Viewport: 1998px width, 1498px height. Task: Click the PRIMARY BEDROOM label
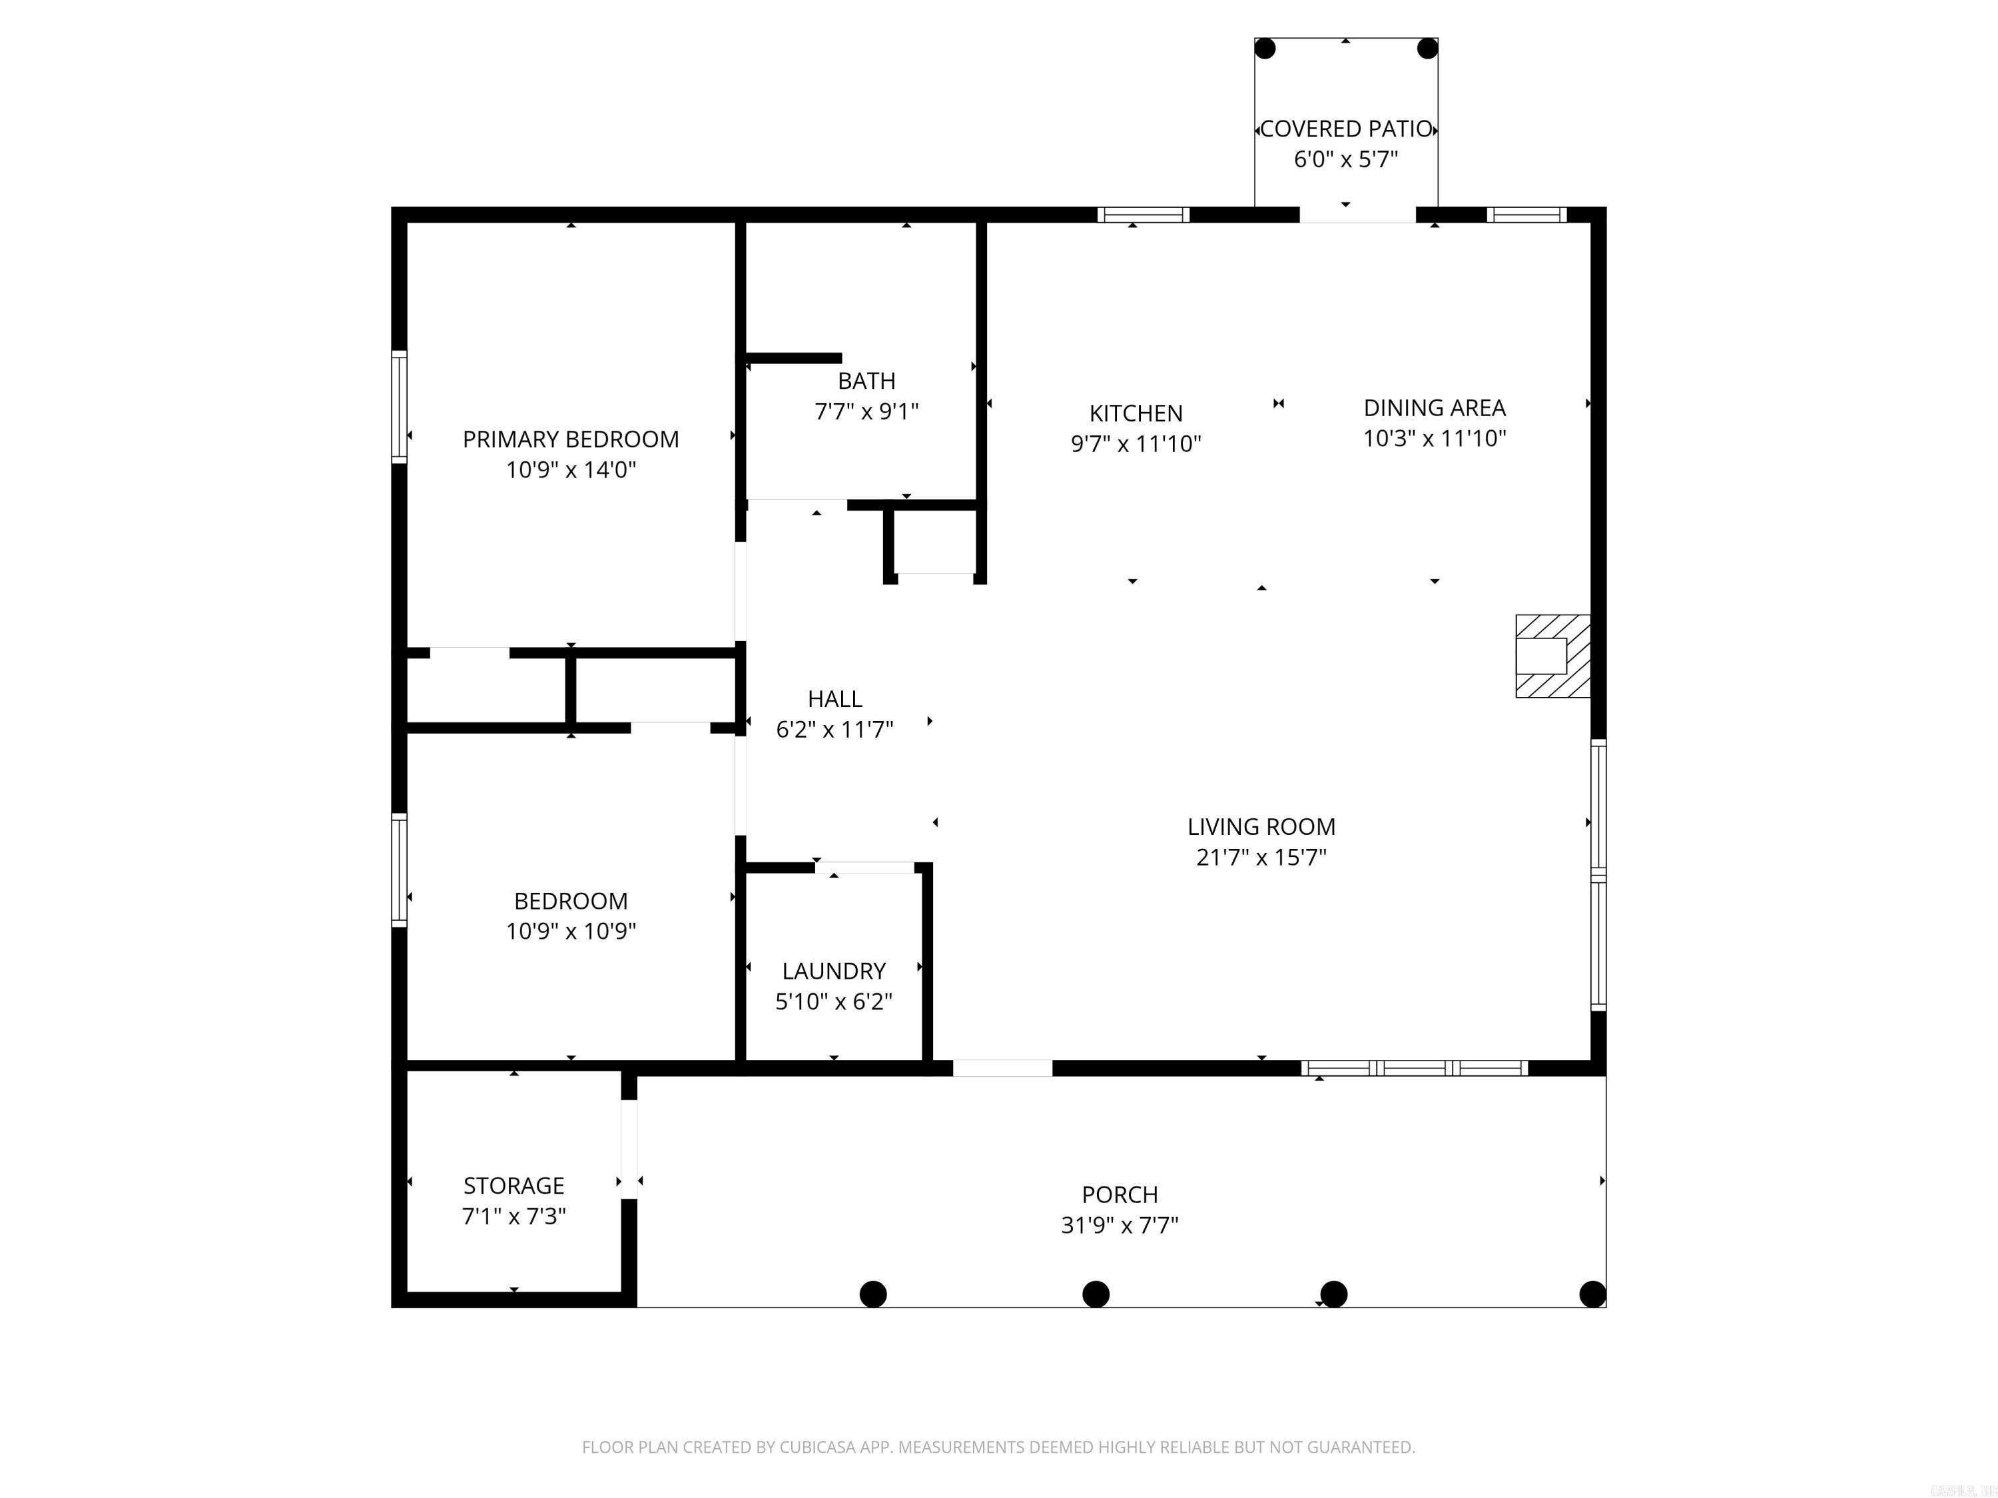click(x=570, y=439)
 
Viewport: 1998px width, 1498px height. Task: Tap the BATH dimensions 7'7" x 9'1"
click(x=866, y=411)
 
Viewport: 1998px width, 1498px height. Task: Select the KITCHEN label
click(x=1136, y=413)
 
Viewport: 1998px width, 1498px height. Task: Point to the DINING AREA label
click(x=1435, y=408)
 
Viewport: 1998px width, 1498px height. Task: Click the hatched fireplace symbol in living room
click(x=1552, y=656)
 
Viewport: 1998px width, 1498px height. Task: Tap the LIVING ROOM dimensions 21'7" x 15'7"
click(x=1261, y=858)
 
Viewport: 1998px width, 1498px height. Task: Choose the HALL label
click(x=834, y=699)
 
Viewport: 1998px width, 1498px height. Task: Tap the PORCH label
click(x=1119, y=1194)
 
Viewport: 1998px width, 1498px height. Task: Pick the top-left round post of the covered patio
click(x=1265, y=49)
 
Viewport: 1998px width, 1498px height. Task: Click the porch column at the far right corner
click(x=1592, y=1294)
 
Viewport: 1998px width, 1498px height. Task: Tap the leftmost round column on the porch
click(x=872, y=1294)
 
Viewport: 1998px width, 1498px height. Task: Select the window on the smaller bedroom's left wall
click(x=398, y=870)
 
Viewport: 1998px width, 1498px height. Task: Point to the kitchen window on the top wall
click(x=1143, y=215)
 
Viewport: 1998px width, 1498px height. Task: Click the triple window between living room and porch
click(x=1415, y=1068)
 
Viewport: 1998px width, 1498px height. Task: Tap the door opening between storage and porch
click(x=629, y=1148)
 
